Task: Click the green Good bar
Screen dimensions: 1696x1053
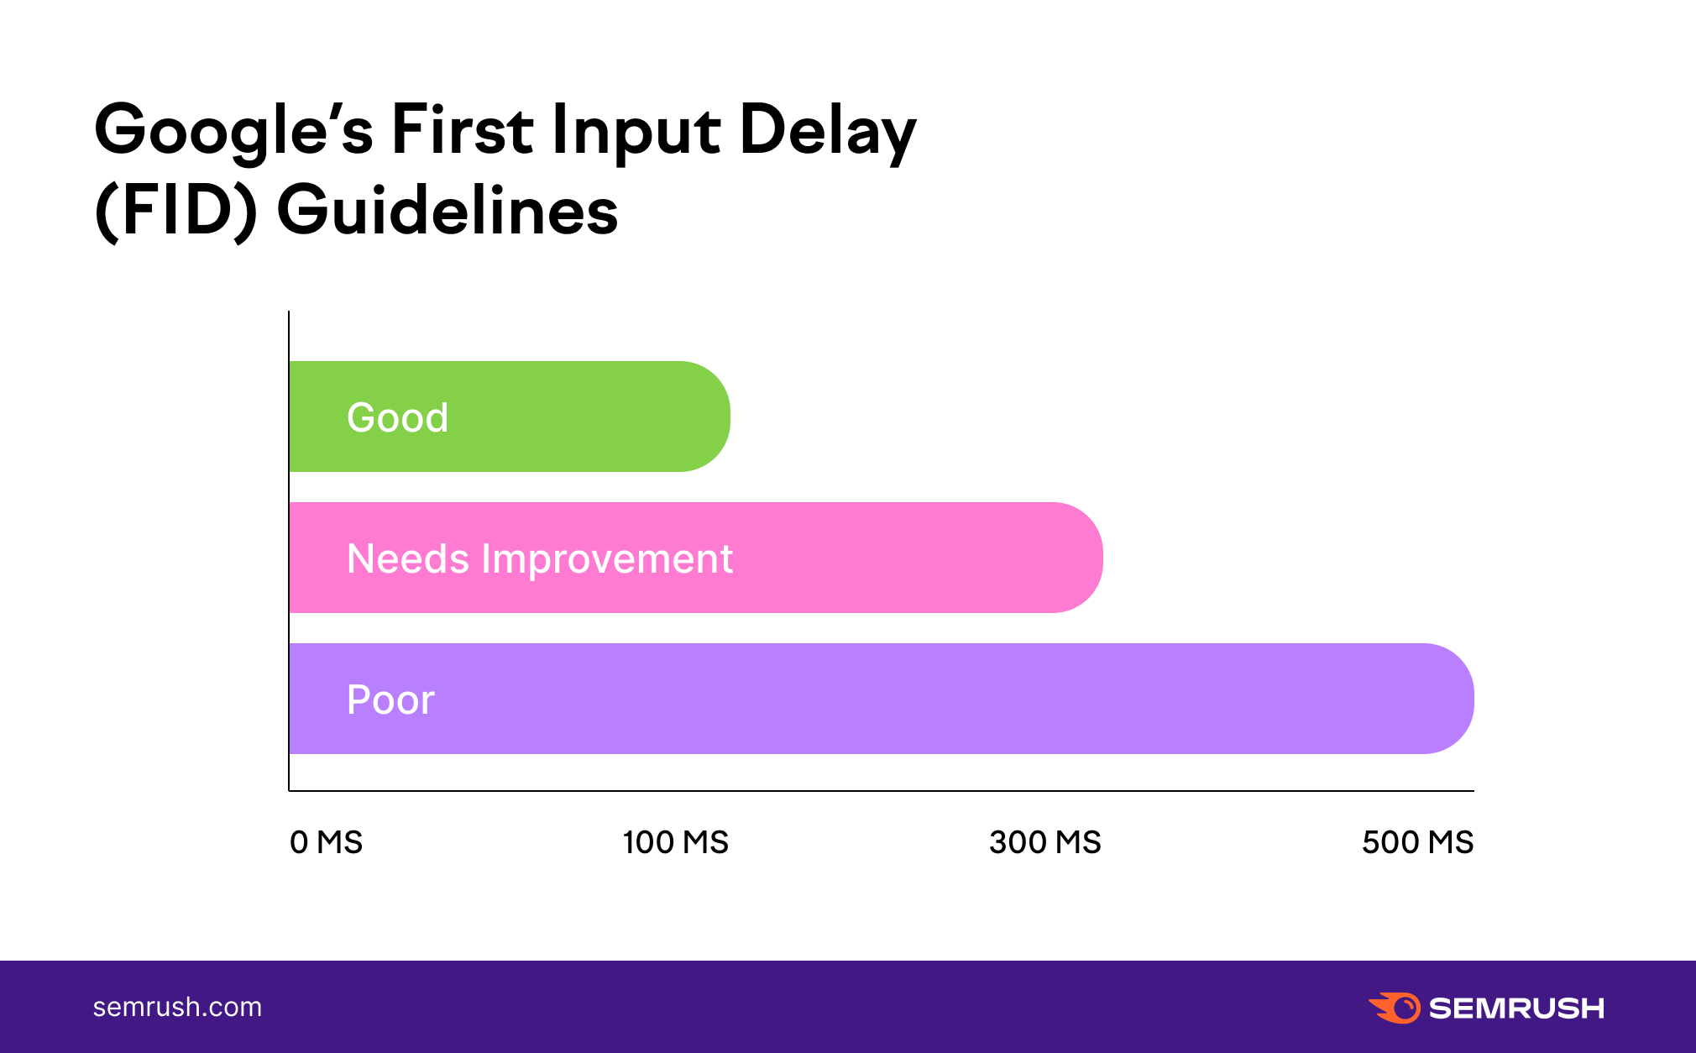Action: coord(510,416)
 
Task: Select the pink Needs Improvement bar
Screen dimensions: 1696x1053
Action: coord(696,558)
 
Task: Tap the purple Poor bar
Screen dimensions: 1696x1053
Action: coord(882,699)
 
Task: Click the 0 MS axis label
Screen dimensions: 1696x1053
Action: coord(326,842)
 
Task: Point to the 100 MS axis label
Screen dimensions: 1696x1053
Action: coord(676,842)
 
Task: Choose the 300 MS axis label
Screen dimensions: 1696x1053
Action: coord(1045,842)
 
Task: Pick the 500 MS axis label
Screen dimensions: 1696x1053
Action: coord(1418,842)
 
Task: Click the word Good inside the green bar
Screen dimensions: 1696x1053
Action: coord(398,417)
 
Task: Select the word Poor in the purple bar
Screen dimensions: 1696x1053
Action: coord(390,699)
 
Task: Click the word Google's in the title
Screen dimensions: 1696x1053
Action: coord(234,132)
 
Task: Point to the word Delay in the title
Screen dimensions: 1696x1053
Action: coord(828,132)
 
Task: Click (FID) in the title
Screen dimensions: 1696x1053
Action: coord(176,211)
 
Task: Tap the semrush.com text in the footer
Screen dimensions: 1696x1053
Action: coord(177,1007)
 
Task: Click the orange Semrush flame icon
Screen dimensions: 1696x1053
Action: coord(1395,1008)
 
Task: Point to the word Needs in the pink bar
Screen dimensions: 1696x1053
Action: coord(408,558)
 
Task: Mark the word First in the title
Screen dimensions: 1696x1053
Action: coord(463,130)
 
